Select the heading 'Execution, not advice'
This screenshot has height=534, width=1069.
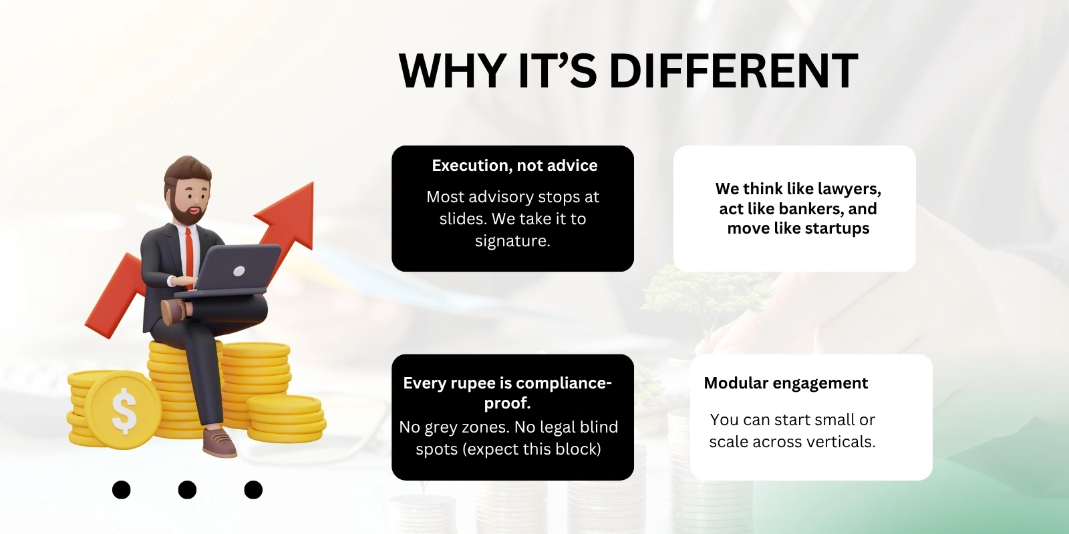pos(514,166)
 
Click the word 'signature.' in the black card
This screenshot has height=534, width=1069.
pos(512,241)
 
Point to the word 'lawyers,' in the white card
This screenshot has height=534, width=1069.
pos(849,189)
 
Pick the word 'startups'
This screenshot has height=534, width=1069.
pos(837,228)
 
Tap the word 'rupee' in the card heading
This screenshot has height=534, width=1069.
pos(477,383)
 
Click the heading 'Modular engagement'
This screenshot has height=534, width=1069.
pos(786,383)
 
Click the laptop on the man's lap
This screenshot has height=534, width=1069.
pos(234,270)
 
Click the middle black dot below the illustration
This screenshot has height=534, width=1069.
pos(187,490)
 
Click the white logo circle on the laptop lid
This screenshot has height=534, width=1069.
pos(239,271)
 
